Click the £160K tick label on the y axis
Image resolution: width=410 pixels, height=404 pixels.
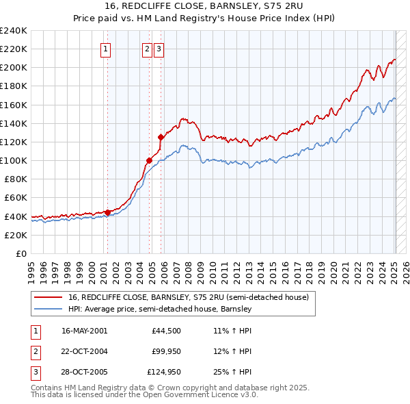coord(13,105)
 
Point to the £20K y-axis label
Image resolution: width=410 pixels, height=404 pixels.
coord(15,235)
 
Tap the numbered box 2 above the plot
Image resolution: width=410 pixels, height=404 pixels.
coord(147,49)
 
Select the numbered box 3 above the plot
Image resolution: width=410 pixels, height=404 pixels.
coord(159,49)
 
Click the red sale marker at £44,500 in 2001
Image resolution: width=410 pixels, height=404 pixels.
coord(107,212)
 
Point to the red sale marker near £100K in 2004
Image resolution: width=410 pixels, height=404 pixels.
coord(148,161)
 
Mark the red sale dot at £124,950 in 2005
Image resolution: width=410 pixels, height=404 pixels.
coord(161,137)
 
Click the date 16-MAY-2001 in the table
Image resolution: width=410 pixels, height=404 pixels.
coord(84,331)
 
